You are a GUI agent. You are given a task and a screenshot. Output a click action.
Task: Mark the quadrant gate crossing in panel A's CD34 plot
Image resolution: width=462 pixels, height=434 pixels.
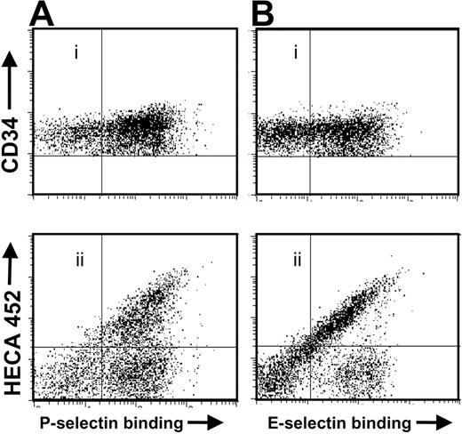[103, 156]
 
